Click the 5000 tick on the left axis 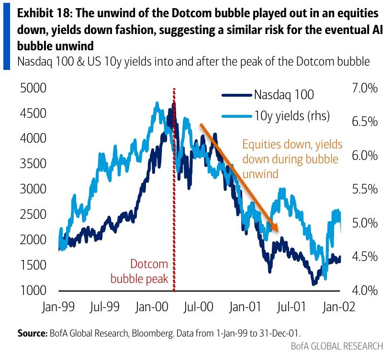pos(33,88)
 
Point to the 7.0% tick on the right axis pos(365,88)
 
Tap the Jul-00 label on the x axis pos(198,306)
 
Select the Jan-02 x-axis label pos(339,306)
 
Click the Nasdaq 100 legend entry pos(268,95)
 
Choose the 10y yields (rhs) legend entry pos(276,116)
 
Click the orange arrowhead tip pos(278,231)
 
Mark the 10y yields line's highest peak pos(157,102)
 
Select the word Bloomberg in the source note pos(153,333)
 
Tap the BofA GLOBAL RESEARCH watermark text pos(337,346)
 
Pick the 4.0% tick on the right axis pos(365,290)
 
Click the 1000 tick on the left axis pos(33,290)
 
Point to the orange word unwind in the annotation pos(260,174)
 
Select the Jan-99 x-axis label pos(58,306)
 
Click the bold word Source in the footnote pos(32,333)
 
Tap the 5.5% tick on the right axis pos(365,189)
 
